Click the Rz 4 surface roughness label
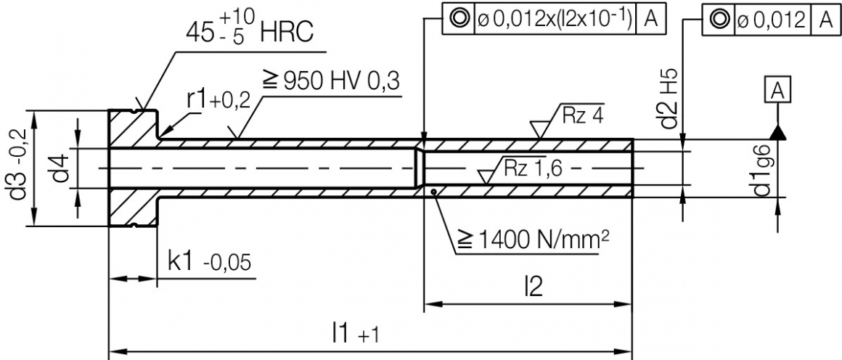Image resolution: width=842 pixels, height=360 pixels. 581,114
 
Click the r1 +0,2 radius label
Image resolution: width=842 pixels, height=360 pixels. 218,101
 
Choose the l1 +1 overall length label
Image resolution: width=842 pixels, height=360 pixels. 356,335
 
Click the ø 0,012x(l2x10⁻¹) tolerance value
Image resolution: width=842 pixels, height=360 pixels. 554,18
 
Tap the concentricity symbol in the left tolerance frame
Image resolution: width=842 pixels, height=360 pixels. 458,18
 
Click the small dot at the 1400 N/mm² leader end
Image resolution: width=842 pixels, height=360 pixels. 433,192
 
